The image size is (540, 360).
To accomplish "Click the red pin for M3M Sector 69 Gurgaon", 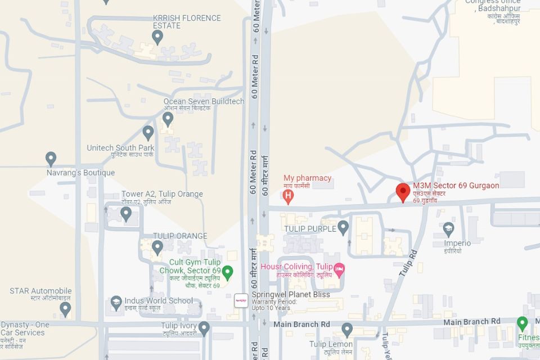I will tap(403, 191).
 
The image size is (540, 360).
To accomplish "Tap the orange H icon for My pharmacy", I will tap(289, 197).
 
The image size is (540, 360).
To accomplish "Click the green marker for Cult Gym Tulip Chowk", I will tap(227, 272).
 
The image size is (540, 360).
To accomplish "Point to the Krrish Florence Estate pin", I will tap(157, 37).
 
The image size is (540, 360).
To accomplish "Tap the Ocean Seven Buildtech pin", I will tap(168, 118).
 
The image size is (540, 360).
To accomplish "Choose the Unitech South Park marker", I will tap(148, 132).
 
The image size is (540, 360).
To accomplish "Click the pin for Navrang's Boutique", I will tap(51, 158).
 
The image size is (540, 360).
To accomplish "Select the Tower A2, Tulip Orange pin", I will tap(126, 213).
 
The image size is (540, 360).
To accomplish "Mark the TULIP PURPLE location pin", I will tap(343, 227).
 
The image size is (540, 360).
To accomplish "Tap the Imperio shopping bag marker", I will tap(448, 228).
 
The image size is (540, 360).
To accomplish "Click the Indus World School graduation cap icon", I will tap(116, 302).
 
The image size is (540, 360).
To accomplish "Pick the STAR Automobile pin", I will tap(65, 308).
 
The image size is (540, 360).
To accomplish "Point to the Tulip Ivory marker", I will tap(204, 327).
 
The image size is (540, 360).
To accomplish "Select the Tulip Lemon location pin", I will tap(347, 329).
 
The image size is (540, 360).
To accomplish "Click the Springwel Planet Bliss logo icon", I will tap(241, 300).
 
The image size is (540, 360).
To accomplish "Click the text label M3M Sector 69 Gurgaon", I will tap(456, 186).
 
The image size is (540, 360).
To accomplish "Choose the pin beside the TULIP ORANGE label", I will tap(157, 246).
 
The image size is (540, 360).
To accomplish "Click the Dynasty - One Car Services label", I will tap(25, 328).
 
